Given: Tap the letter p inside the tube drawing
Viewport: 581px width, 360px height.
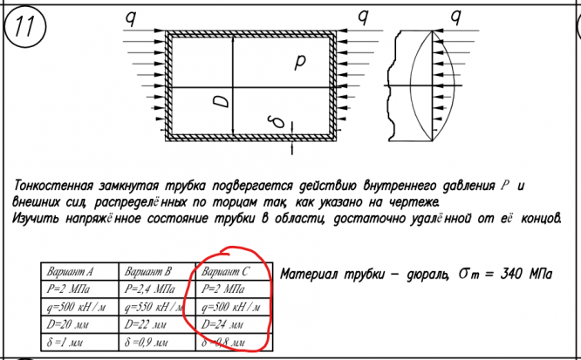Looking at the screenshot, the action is click(300, 62).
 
